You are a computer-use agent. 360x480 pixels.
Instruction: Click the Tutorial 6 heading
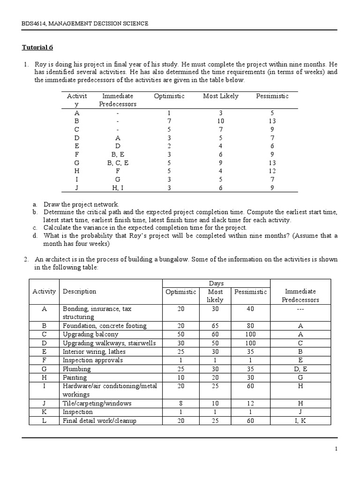click(x=38, y=47)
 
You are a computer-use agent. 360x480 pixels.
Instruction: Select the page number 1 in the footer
click(x=336, y=449)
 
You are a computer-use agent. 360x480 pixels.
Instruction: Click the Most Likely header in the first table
click(x=220, y=96)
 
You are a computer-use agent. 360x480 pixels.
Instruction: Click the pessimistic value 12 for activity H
click(x=272, y=171)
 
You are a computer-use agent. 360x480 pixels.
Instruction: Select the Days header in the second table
click(x=216, y=283)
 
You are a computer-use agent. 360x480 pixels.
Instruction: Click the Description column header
click(x=80, y=292)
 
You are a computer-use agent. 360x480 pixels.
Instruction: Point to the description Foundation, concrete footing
click(x=105, y=326)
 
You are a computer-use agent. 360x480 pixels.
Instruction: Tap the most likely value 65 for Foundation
click(x=215, y=326)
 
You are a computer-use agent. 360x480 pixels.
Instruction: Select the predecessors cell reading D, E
click(x=300, y=369)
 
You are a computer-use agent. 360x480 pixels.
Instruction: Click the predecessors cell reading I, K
click(x=300, y=420)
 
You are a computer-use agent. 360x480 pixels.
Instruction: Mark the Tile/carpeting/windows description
click(x=97, y=403)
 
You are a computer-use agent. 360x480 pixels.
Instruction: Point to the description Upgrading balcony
click(x=90, y=335)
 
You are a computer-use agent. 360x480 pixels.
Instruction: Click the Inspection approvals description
click(x=93, y=360)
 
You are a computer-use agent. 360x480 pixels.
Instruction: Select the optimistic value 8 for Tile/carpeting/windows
click(x=181, y=403)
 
